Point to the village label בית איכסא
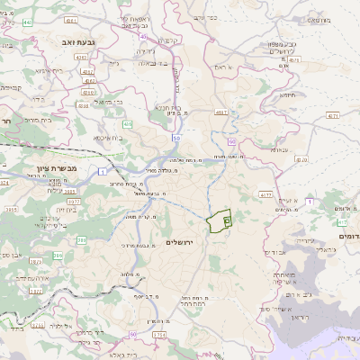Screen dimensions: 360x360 click(x=108, y=138)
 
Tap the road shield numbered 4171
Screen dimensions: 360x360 click(x=334, y=116)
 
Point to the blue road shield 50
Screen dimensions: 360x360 click(x=175, y=138)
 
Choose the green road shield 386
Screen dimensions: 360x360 click(x=82, y=239)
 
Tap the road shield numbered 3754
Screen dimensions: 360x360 click(x=159, y=334)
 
